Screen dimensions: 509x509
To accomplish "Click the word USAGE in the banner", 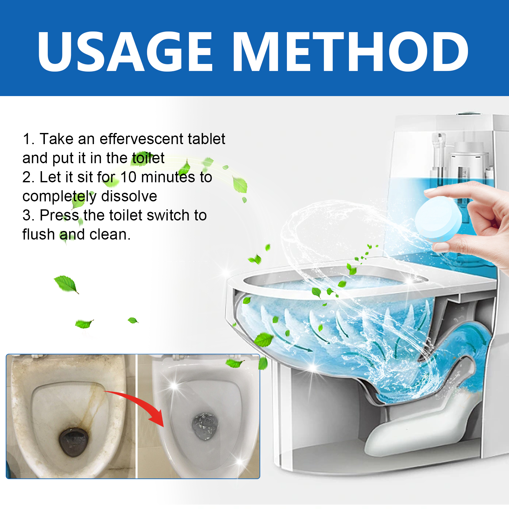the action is pos(125,52).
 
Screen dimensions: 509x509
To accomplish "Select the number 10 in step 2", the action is pos(129,177).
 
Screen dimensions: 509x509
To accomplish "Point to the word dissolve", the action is pos(129,196).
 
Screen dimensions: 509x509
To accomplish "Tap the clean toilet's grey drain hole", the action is pos(205,426).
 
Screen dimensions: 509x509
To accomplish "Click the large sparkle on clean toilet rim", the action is pos(174,386).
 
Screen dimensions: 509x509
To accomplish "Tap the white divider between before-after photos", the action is pos(136,416).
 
